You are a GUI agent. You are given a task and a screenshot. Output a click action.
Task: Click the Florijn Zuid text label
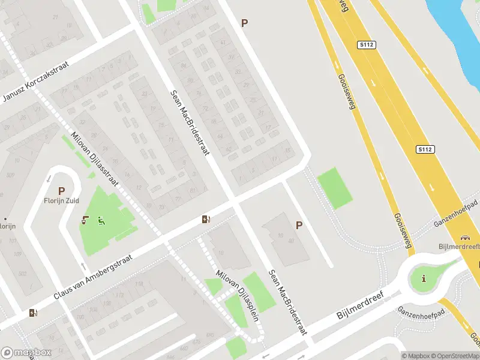[62, 201]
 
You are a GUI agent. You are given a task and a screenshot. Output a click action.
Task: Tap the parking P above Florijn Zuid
[61, 191]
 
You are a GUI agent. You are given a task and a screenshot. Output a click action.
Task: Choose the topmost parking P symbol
[244, 23]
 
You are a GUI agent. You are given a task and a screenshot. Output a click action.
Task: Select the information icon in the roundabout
[424, 278]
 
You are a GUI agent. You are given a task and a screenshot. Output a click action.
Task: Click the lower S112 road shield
[424, 148]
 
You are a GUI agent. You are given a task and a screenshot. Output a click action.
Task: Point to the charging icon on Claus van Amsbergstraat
[206, 219]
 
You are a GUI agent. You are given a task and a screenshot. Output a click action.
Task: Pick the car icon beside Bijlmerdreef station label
[464, 238]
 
